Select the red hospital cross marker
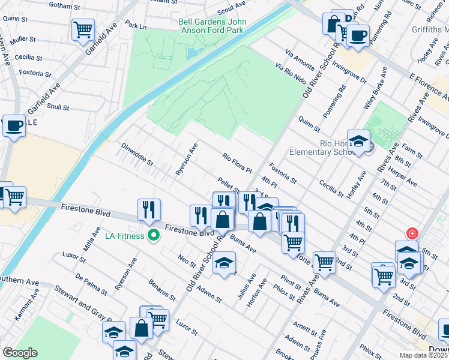click(412, 233)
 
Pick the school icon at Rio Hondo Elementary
click(358, 142)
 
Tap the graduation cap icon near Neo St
click(224, 263)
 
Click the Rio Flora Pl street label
click(236, 163)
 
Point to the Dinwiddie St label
click(137, 154)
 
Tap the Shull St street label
click(58, 107)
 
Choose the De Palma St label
click(92, 284)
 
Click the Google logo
click(19, 353)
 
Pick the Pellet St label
click(229, 182)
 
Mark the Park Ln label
click(136, 26)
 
